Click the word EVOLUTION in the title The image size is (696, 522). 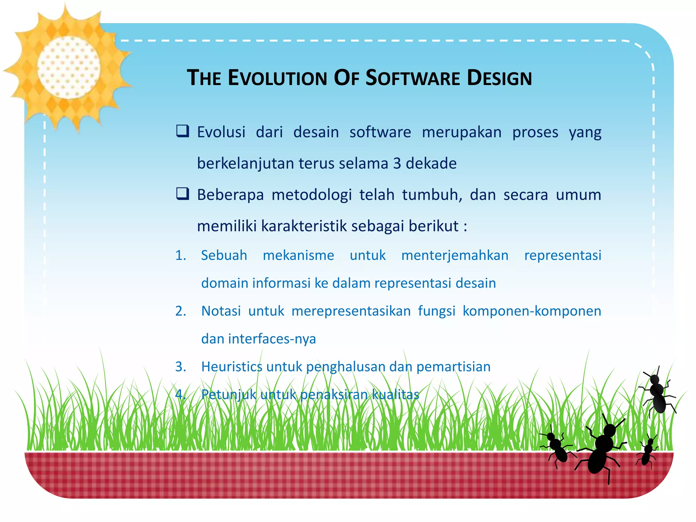coord(277,78)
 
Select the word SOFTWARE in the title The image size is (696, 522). coord(413,78)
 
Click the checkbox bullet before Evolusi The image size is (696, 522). coord(182,131)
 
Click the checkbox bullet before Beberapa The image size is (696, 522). coord(182,194)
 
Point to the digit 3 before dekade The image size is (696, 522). coord(397,163)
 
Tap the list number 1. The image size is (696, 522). coord(180,256)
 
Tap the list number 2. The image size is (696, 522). coord(180,311)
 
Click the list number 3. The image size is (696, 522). coord(180,367)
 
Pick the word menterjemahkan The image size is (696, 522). coord(455,256)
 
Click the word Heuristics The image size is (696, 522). coord(231,367)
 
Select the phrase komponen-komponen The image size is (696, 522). coord(532,311)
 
